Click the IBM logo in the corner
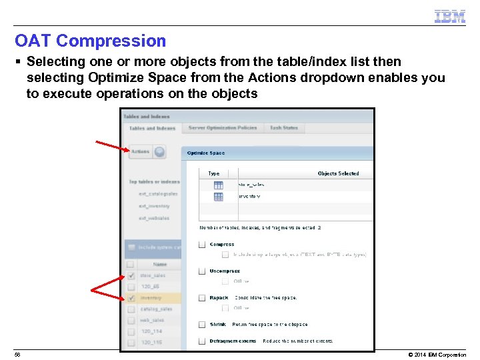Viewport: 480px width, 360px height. click(449, 17)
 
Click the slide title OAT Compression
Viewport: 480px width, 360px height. click(90, 41)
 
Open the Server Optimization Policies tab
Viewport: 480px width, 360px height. click(222, 128)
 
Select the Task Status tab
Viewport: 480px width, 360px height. click(284, 128)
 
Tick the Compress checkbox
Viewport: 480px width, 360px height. click(202, 245)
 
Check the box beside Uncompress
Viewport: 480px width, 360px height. click(202, 271)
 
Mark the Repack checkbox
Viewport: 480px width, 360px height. click(202, 298)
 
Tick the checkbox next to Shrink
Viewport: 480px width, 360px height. click(202, 325)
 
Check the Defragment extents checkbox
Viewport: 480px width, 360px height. click(202, 341)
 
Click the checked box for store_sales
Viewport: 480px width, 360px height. click(131, 275)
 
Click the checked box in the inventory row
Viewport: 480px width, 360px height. click(131, 298)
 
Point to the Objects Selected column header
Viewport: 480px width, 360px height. click(338, 173)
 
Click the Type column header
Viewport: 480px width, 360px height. click(214, 173)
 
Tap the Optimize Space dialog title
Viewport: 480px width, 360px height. click(206, 153)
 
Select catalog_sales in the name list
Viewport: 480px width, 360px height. click(156, 309)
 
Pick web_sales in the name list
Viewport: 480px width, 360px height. click(153, 321)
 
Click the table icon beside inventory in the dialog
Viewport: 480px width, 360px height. click(219, 197)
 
